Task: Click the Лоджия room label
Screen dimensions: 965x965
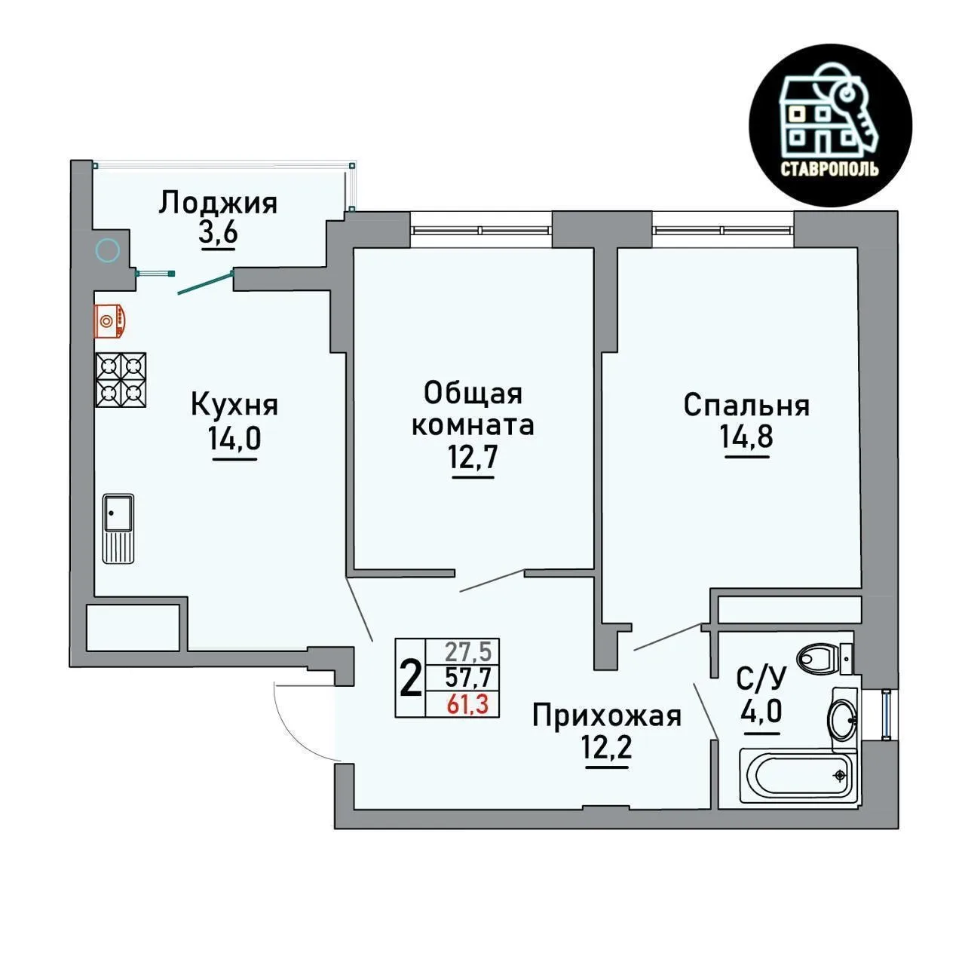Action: pyautogui.click(x=218, y=204)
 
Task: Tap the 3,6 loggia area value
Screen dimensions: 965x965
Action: pyautogui.click(x=218, y=232)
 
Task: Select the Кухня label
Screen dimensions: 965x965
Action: pyautogui.click(x=234, y=405)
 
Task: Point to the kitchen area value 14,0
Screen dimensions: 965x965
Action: pyautogui.click(x=234, y=439)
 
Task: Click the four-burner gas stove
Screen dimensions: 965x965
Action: pyautogui.click(x=121, y=379)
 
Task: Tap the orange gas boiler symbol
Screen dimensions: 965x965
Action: pyautogui.click(x=109, y=320)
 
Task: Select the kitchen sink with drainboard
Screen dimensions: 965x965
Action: pyautogui.click(x=118, y=528)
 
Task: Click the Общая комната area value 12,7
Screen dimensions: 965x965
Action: pyautogui.click(x=473, y=458)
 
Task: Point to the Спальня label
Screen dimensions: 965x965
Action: pyautogui.click(x=746, y=406)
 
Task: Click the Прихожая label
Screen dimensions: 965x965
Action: pyautogui.click(x=606, y=717)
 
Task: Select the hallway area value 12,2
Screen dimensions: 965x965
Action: pyautogui.click(x=606, y=748)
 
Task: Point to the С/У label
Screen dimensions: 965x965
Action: pyautogui.click(x=761, y=679)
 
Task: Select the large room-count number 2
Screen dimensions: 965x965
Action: pyautogui.click(x=411, y=678)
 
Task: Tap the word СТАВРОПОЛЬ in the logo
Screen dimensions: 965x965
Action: pyautogui.click(x=829, y=170)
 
